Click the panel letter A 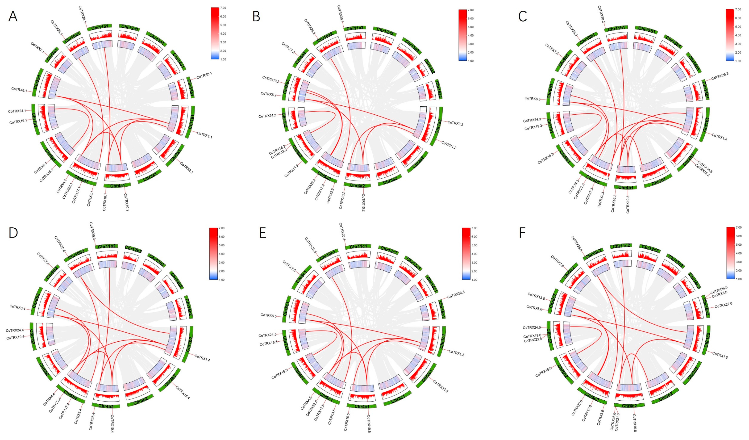coord(13,17)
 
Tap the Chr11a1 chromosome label coord(100,27)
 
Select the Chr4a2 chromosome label coord(357,185)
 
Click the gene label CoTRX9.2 coord(455,123)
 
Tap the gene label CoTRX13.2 coord(270,79)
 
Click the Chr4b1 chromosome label coord(625,187)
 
